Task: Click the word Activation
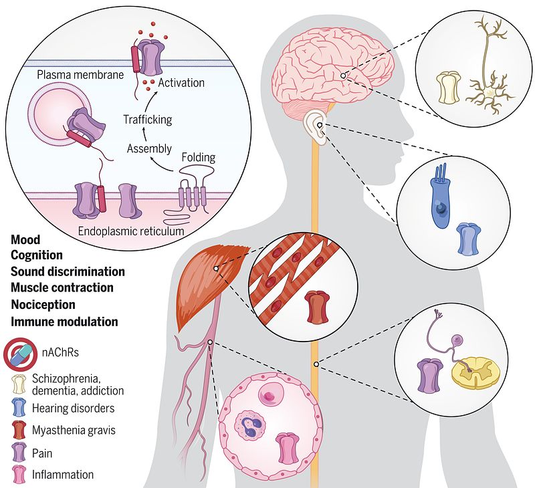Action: point(181,83)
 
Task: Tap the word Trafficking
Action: point(147,120)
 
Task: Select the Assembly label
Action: point(149,148)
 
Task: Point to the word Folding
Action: point(199,158)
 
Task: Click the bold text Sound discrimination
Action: point(68,271)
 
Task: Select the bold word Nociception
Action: point(43,303)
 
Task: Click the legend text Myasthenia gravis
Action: point(74,430)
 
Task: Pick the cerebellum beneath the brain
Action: point(305,106)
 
